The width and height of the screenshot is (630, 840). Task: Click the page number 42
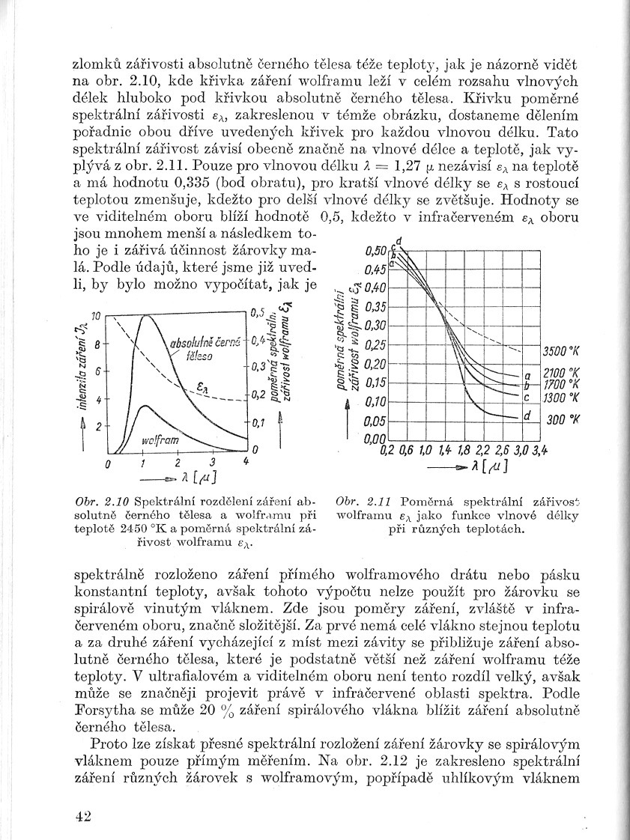click(82, 816)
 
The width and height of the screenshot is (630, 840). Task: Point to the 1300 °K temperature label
click(566, 398)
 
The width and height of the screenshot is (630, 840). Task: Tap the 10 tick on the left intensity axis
click(95, 317)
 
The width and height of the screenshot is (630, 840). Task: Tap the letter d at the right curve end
click(527, 415)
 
